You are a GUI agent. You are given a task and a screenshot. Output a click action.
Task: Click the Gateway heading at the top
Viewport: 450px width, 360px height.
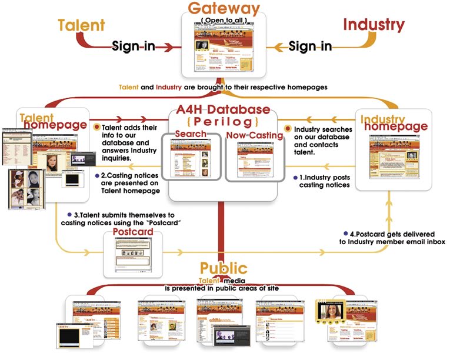click(224, 9)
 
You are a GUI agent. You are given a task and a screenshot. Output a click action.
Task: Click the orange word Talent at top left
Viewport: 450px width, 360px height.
click(81, 25)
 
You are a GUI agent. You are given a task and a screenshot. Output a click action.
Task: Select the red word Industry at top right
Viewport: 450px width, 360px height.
click(374, 25)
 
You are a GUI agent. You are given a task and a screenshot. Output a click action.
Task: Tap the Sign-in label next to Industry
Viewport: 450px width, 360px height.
click(310, 46)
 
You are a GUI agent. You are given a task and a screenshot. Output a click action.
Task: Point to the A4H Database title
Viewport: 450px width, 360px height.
click(224, 110)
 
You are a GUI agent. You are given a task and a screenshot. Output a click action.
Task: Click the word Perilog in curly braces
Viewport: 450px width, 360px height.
click(224, 122)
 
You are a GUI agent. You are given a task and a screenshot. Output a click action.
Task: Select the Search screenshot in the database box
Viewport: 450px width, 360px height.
click(190, 159)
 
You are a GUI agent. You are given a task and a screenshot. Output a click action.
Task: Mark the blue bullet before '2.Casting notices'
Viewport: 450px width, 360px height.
click(97, 175)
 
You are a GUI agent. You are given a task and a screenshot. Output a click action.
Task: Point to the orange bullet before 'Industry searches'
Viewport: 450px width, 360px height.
click(288, 128)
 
